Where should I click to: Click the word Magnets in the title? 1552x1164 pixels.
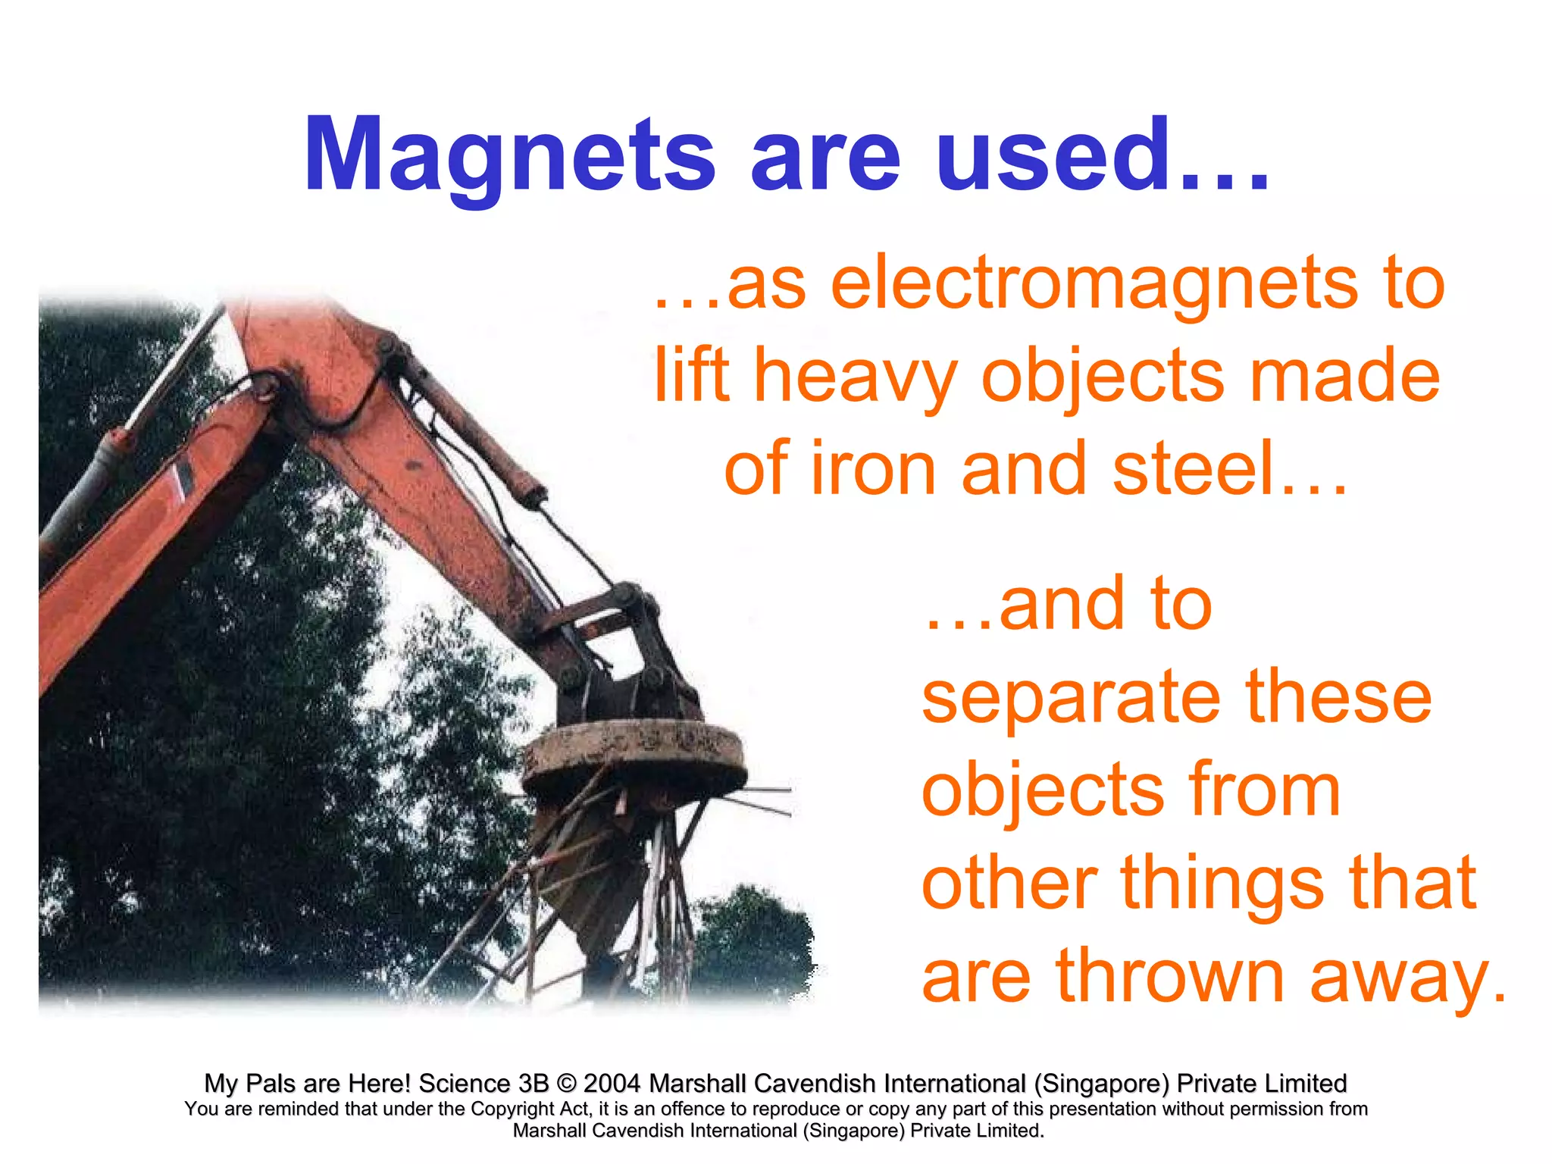coord(509,155)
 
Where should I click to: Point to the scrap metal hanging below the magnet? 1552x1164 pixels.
coord(606,871)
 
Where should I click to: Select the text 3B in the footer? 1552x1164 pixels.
coord(533,1083)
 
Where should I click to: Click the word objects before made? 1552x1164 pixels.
coord(1103,377)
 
